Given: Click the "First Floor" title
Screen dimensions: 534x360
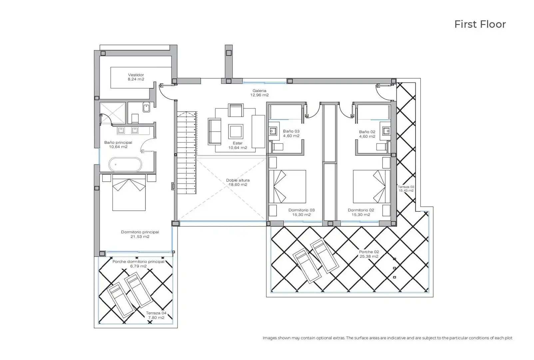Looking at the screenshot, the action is pos(480,24).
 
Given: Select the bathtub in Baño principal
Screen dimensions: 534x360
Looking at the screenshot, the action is pos(125,164).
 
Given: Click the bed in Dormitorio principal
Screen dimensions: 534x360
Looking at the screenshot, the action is pos(129,193).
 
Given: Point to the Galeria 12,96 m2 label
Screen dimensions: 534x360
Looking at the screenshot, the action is pos(260,93).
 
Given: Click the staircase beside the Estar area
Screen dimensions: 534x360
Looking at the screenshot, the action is pos(187,152).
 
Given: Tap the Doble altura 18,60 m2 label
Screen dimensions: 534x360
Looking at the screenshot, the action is pos(238,183).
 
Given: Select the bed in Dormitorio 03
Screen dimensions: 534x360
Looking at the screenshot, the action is pos(287,187).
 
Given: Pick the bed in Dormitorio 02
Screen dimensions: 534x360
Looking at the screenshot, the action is pos(371,187).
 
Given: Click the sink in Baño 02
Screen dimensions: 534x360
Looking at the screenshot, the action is pos(386,131).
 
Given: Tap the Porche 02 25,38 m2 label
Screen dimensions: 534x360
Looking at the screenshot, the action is pos(369,254).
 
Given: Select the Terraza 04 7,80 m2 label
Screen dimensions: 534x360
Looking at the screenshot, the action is pos(156,315).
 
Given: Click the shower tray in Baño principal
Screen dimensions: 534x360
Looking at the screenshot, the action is pos(113,113).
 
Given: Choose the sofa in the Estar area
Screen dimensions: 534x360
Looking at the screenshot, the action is pos(214,131).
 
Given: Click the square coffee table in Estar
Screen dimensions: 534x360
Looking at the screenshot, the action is pos(236,131).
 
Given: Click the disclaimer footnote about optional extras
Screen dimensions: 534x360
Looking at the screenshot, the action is pos(387,338).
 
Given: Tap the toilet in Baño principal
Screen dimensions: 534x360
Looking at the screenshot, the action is pos(135,119).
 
